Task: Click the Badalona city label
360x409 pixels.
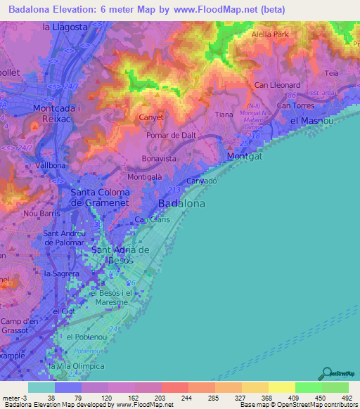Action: (182, 204)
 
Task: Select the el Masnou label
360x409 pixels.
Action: (311, 120)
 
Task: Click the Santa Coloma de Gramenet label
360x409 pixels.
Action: (99, 197)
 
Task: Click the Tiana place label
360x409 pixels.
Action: (224, 115)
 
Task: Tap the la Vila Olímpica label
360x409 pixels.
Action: (76, 366)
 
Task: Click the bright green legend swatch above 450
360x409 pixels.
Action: (308, 387)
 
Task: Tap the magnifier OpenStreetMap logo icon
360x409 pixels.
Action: (328, 372)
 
